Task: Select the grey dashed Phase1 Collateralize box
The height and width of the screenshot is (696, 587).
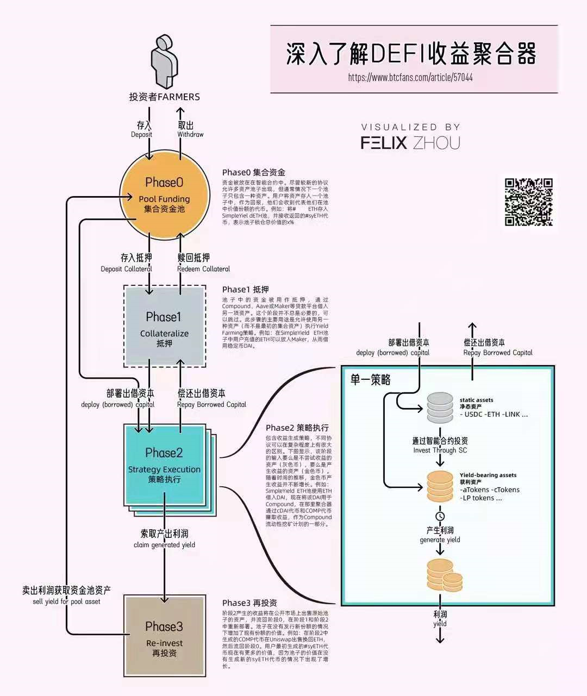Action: [x=164, y=326]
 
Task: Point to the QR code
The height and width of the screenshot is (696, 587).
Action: [x=529, y=202]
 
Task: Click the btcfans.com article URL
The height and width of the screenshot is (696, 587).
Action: [x=410, y=77]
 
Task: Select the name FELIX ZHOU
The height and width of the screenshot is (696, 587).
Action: [x=410, y=143]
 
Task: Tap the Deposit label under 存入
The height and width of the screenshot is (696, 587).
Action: [x=141, y=135]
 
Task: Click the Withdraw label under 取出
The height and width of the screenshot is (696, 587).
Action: [x=190, y=135]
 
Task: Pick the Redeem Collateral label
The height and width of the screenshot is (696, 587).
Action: [x=203, y=269]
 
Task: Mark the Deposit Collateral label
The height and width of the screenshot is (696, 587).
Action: [x=126, y=269]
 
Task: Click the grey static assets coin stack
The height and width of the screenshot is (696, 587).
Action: [x=440, y=407]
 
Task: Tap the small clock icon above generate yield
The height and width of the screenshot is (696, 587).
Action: [x=440, y=516]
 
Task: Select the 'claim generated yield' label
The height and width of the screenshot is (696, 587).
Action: [x=164, y=545]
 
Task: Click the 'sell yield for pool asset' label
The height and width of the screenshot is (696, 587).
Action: [x=66, y=601]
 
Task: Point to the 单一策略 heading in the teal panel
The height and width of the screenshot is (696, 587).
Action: [x=371, y=380]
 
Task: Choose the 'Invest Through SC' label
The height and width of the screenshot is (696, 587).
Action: [x=440, y=450]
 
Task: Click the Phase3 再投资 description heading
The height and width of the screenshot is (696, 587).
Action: [x=249, y=603]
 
